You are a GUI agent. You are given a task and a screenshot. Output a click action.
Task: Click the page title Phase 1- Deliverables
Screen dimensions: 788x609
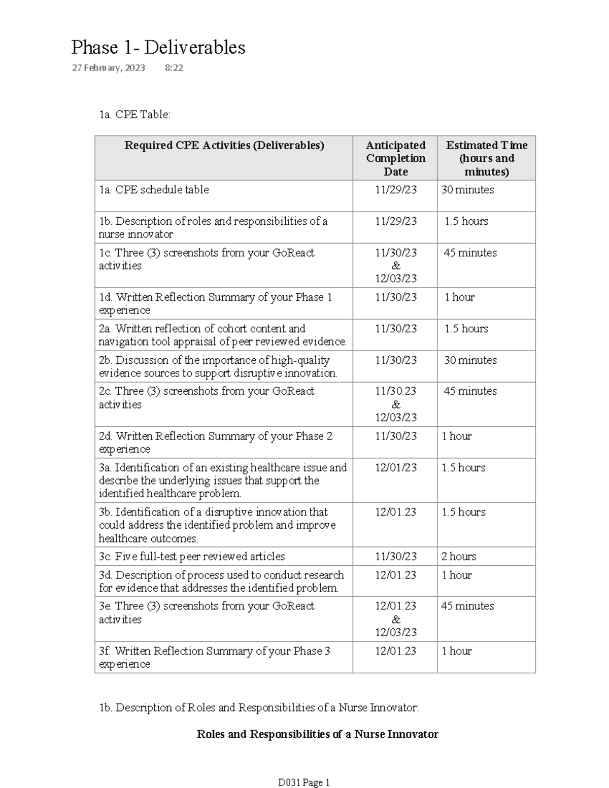click(x=158, y=48)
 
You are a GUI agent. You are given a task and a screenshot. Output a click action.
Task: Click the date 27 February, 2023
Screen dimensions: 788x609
click(x=108, y=67)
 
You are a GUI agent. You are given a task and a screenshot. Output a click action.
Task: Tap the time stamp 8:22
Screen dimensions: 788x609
click(x=174, y=67)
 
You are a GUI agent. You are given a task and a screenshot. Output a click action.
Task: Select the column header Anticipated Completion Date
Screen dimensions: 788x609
click(x=395, y=158)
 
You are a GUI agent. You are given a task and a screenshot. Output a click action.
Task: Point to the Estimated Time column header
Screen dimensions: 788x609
click(x=486, y=158)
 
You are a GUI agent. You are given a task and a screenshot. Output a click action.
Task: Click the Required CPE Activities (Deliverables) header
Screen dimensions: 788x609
click(x=224, y=146)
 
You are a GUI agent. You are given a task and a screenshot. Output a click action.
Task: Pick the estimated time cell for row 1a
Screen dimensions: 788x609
click(x=467, y=190)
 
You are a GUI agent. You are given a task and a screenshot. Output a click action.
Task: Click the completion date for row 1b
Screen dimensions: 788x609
click(x=396, y=221)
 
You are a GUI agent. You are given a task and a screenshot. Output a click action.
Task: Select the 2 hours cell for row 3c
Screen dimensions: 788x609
click(x=459, y=557)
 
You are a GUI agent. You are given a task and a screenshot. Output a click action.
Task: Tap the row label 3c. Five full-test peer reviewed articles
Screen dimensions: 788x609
click(x=192, y=557)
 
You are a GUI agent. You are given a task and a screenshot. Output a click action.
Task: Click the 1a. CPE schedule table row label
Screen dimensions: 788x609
click(x=154, y=190)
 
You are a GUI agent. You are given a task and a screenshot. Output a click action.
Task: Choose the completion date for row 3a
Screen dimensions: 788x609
click(x=396, y=468)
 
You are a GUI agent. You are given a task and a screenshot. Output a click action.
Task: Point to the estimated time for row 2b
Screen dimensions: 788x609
click(x=470, y=360)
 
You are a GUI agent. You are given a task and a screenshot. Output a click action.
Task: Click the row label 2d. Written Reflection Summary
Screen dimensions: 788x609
click(x=216, y=442)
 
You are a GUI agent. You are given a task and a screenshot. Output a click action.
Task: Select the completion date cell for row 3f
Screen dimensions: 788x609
click(x=395, y=651)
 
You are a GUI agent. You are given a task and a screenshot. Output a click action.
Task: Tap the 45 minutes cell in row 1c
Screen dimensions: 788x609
click(x=470, y=253)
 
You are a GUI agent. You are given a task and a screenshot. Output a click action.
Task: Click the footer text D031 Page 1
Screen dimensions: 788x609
click(x=304, y=782)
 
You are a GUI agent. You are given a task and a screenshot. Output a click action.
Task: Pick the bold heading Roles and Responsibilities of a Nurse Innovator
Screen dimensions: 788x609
click(x=317, y=734)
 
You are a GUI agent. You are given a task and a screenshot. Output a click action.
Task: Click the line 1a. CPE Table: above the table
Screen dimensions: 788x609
click(x=135, y=115)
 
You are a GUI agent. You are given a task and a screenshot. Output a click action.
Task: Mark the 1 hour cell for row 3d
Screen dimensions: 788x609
click(x=457, y=575)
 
